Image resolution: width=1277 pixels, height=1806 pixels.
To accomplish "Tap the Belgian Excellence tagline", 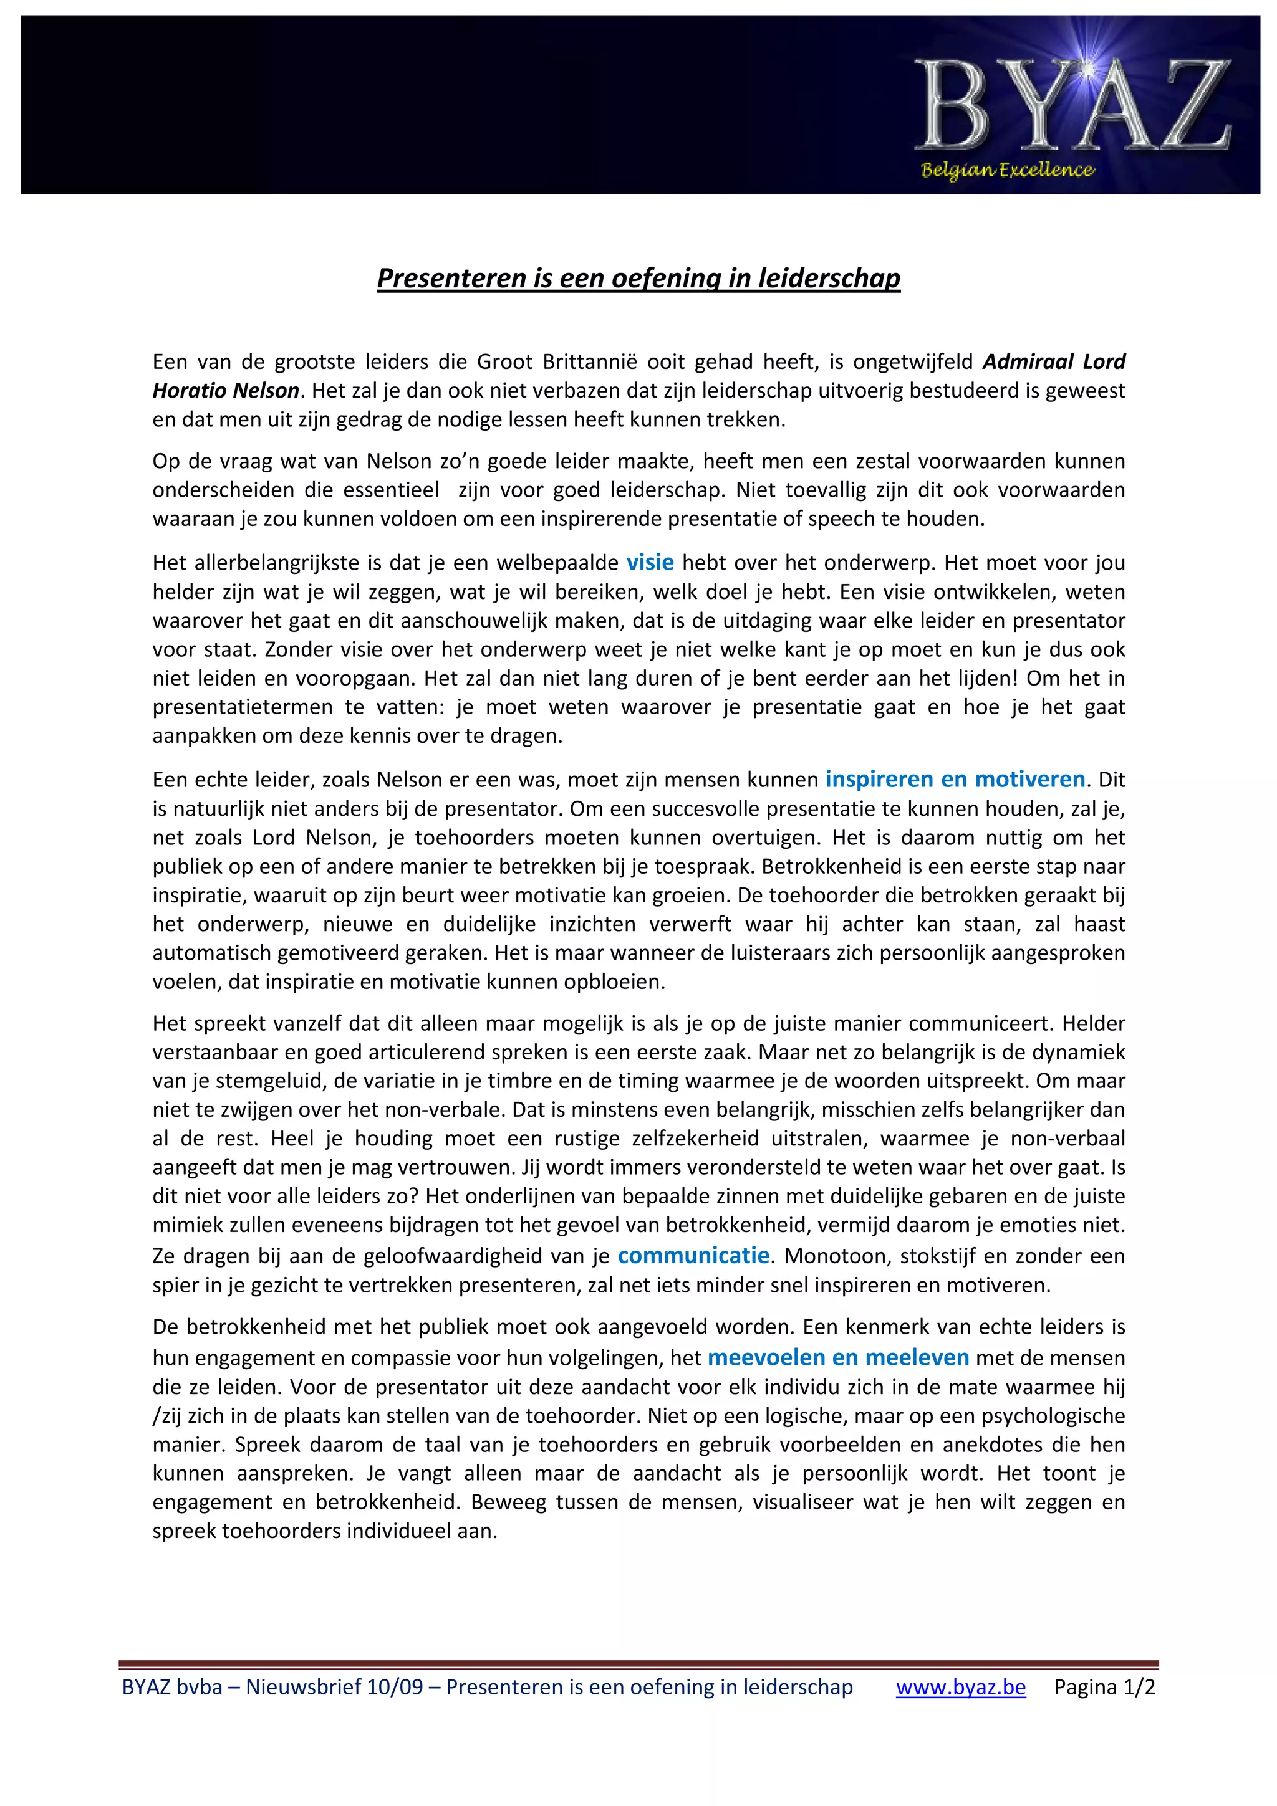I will pyautogui.click(x=1007, y=170).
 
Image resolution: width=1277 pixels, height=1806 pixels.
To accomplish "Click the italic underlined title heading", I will pyautogui.click(x=638, y=278).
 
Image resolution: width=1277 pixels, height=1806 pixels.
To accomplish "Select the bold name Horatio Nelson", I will pyautogui.click(x=226, y=390).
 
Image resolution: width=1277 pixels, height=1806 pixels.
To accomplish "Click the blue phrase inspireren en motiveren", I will pyautogui.click(x=955, y=780).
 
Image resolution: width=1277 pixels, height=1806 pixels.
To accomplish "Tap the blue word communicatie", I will pyautogui.click(x=693, y=1255).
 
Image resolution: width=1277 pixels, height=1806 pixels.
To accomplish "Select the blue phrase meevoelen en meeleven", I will pyautogui.click(x=838, y=1358).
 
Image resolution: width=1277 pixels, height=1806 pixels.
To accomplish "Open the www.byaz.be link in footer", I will pyautogui.click(x=961, y=1687).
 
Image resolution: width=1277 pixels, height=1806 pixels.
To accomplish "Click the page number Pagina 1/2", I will pyautogui.click(x=1104, y=1687).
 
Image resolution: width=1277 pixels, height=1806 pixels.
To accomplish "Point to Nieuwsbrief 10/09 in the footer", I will pyautogui.click(x=334, y=1687).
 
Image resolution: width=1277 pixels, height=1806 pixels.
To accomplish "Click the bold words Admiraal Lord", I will pyautogui.click(x=1054, y=362).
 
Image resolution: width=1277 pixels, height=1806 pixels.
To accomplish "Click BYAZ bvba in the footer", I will pyautogui.click(x=171, y=1687).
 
